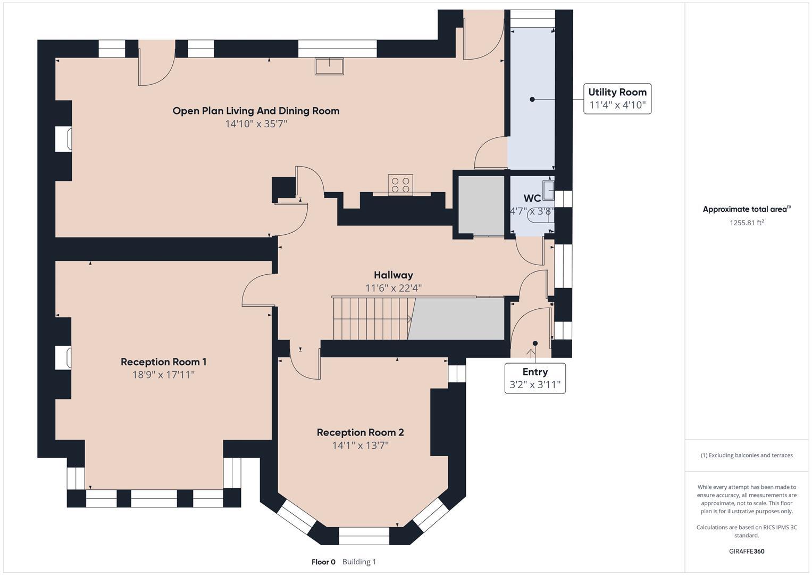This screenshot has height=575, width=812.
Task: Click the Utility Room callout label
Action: pyautogui.click(x=617, y=98)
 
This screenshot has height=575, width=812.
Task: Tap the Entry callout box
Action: pyautogui.click(x=535, y=378)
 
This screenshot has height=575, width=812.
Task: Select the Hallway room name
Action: pyautogui.click(x=394, y=275)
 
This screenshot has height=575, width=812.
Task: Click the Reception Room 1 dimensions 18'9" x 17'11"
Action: pyautogui.click(x=163, y=375)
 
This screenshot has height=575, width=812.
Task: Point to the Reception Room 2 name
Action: pyautogui.click(x=361, y=432)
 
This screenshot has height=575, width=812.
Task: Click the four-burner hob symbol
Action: pyautogui.click(x=400, y=185)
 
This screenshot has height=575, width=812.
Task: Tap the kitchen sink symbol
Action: pyautogui.click(x=329, y=66)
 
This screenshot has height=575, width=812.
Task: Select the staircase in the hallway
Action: pyautogui.click(x=373, y=318)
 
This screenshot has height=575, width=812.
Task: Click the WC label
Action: pyautogui.click(x=532, y=198)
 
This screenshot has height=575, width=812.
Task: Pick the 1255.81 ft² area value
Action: pyautogui.click(x=747, y=223)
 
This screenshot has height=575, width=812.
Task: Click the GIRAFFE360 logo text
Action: pyautogui.click(x=747, y=551)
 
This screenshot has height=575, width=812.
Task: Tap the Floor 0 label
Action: pyautogui.click(x=323, y=562)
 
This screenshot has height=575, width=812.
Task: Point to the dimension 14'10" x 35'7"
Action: pyautogui.click(x=256, y=124)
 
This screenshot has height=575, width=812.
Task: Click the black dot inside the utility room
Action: pyautogui.click(x=532, y=99)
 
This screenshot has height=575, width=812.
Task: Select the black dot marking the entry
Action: pyautogui.click(x=535, y=343)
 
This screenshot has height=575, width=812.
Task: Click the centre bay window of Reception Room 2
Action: pyautogui.click(x=364, y=536)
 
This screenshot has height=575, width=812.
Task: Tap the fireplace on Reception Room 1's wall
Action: pyautogui.click(x=63, y=358)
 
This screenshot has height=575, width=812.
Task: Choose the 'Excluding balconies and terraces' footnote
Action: pyautogui.click(x=747, y=455)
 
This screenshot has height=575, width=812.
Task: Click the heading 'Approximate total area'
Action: pyautogui.click(x=746, y=209)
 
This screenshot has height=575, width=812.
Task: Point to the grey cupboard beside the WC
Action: pyautogui.click(x=481, y=206)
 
